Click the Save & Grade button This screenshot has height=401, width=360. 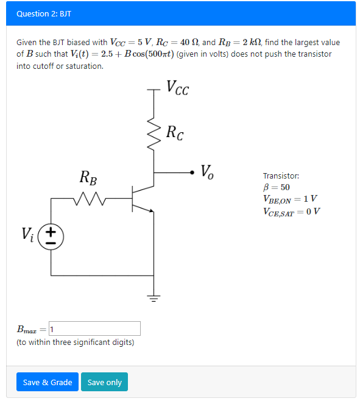[x=48, y=382]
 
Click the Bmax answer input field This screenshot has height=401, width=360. [x=94, y=329]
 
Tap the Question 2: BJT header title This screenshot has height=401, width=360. [x=40, y=13]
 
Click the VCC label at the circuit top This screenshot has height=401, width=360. [x=177, y=89]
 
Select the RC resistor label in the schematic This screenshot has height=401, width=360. [x=175, y=132]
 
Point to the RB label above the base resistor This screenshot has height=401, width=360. [x=88, y=178]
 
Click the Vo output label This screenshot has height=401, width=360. [x=207, y=171]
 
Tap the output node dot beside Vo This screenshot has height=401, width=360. [x=194, y=172]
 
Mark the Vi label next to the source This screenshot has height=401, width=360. [x=28, y=233]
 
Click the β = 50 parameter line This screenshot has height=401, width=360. [x=277, y=187]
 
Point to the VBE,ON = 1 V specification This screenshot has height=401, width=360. [x=290, y=199]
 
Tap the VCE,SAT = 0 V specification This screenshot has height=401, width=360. [x=292, y=211]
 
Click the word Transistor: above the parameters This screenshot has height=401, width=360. [x=281, y=176]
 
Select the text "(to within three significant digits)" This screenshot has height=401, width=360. [x=75, y=342]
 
